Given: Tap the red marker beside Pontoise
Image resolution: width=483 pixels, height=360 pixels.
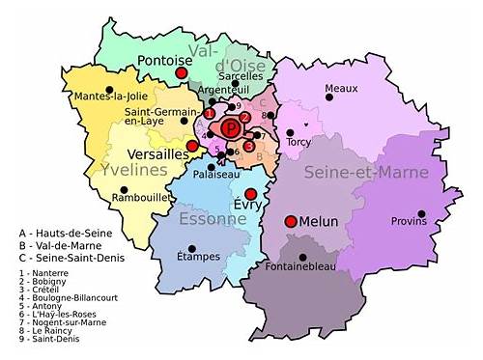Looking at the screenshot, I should pyautogui.click(x=182, y=72).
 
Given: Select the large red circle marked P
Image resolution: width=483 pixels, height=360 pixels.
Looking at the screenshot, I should pyautogui.click(x=231, y=128).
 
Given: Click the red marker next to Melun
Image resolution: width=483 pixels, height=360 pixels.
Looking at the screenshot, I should pyautogui.click(x=290, y=221).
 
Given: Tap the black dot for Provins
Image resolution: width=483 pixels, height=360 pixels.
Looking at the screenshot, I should pyautogui.click(x=420, y=213).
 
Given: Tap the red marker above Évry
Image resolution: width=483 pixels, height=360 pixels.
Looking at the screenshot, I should pyautogui.click(x=250, y=194).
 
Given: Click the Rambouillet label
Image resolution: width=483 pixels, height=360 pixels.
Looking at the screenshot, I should pyautogui.click(x=141, y=198).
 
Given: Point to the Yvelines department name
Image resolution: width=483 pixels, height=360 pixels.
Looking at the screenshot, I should pyautogui.click(x=133, y=170).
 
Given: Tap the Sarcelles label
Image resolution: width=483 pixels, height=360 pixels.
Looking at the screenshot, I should pyautogui.click(x=242, y=75).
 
